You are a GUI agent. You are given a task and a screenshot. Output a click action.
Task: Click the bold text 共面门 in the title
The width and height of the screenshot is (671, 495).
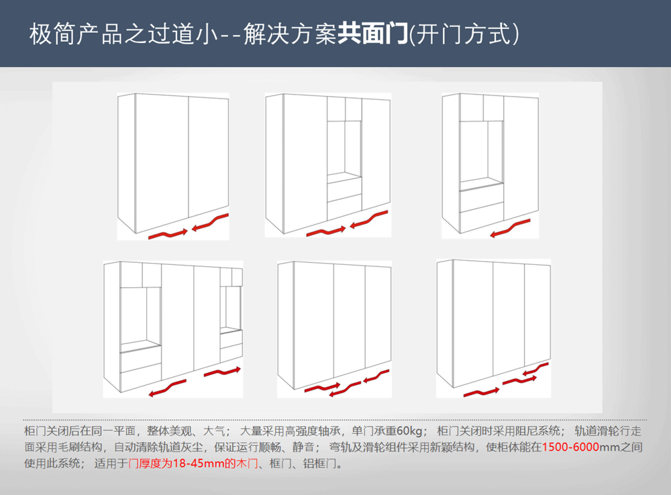pos(372,34)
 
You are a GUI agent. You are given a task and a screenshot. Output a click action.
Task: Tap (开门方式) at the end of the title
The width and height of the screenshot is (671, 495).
pos(465,34)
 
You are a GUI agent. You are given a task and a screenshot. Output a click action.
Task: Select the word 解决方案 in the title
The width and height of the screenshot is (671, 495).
pos(290,34)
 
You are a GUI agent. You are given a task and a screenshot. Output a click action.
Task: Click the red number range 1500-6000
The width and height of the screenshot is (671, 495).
pos(570,447)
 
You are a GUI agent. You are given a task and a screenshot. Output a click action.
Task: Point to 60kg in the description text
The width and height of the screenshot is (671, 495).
pos(409,431)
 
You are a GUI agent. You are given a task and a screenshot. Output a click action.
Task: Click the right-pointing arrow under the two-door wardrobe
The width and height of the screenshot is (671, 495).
pos(168,234)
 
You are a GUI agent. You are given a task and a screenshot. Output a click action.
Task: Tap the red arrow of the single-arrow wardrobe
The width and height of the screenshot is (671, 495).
pos(510,228)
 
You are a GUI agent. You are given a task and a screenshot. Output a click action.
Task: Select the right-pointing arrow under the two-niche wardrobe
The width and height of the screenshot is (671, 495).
pos(222,372)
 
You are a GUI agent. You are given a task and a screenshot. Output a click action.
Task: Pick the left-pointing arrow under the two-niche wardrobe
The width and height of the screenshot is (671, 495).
pos(167,388)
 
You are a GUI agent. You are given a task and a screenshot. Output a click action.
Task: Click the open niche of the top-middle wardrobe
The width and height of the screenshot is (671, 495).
pos(344,148)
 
